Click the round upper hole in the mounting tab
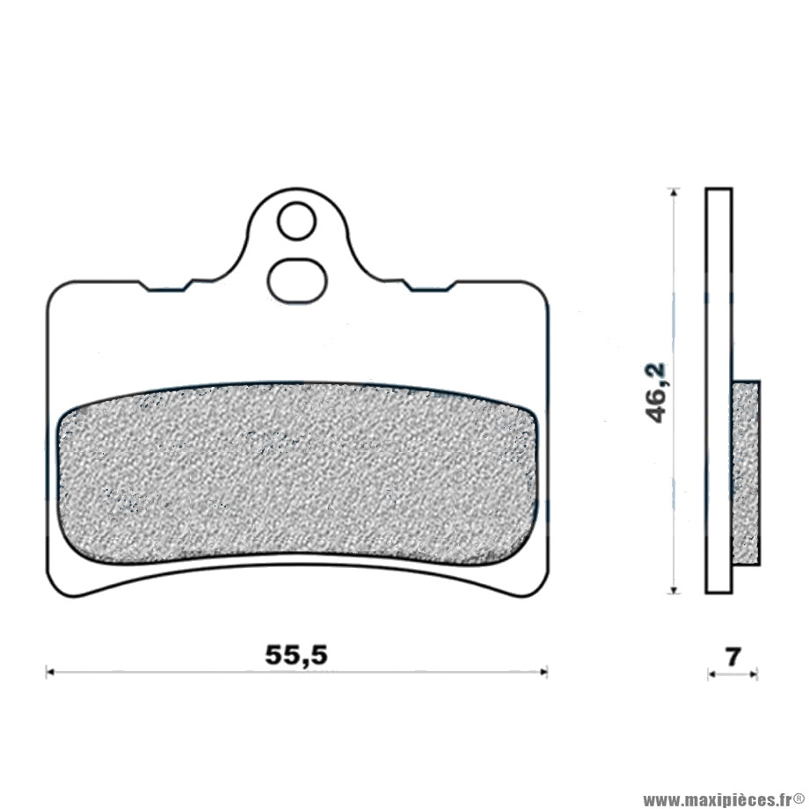[295, 221]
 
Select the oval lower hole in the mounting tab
[296, 281]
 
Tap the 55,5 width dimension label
[296, 655]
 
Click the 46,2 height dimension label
[659, 393]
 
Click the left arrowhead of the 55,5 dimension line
[50, 672]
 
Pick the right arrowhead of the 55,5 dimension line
[543, 672]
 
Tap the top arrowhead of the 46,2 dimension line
[673, 192]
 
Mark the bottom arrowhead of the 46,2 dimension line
[673, 588]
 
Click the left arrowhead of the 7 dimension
[711, 674]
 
